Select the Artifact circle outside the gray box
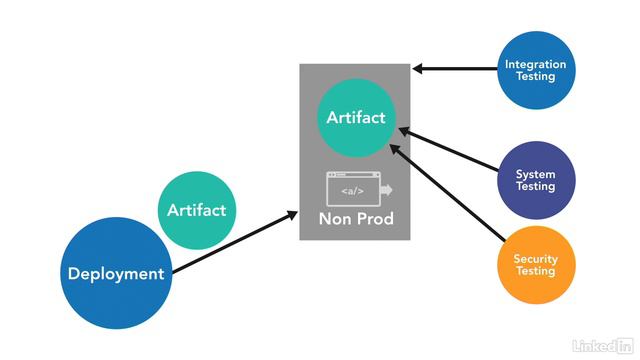coord(196,210)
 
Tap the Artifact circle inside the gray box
coord(355,118)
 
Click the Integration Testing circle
coord(535,70)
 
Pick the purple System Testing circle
coord(535,180)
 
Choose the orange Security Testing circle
coord(535,265)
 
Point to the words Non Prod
coord(356,218)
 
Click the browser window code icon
coord(357,188)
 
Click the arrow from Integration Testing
coord(455,69)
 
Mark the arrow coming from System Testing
coord(450,151)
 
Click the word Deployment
coord(115,274)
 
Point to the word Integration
coord(535,64)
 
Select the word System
coord(535,174)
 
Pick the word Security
coord(535,259)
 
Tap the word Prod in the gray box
coord(374,218)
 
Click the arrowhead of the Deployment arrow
coord(293,212)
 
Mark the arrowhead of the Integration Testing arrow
coord(417,69)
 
